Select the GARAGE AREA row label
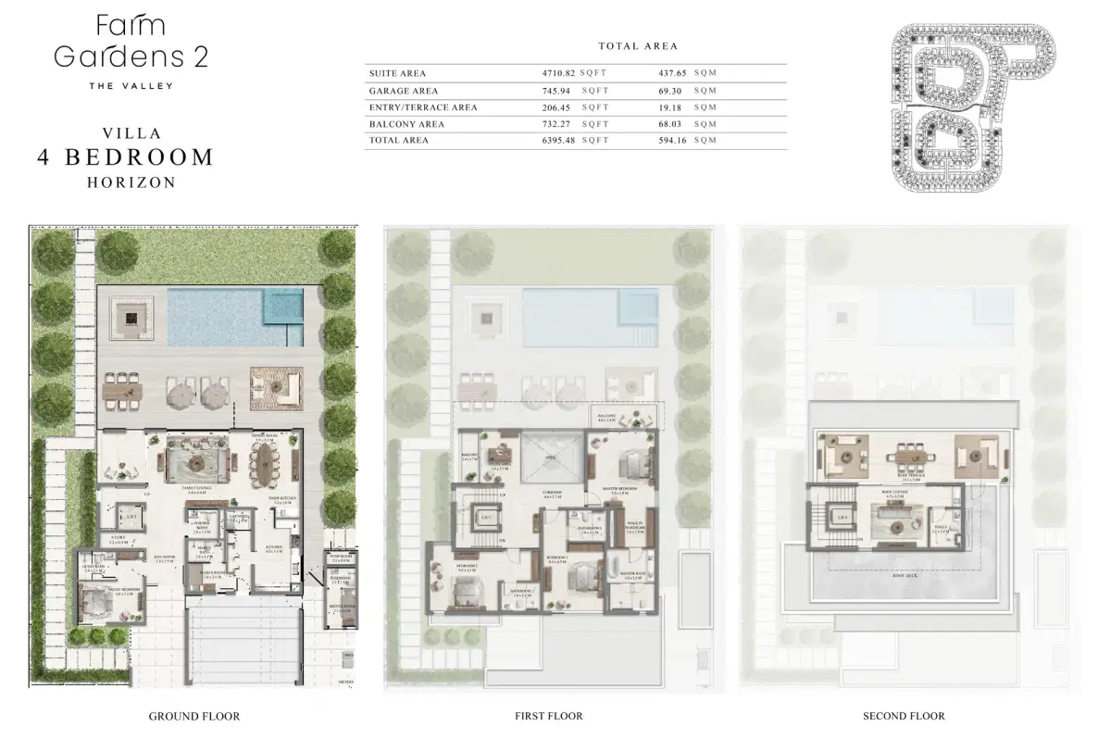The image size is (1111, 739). (403, 91)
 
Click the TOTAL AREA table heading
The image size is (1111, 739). (637, 45)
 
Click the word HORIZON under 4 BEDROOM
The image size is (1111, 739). (131, 182)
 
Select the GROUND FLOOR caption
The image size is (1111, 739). (194, 716)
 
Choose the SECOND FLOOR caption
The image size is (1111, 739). (904, 716)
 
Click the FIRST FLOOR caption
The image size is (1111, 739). (548, 716)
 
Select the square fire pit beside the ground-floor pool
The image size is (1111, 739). (130, 319)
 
